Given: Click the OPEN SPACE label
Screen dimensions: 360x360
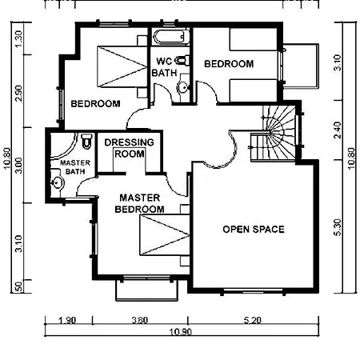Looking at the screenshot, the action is tap(254, 230).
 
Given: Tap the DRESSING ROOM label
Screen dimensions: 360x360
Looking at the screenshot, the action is tap(130, 148).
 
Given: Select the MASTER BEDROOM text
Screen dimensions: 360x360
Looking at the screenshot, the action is tap(139, 203).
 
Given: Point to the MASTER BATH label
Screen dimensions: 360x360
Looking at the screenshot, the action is tap(75, 167).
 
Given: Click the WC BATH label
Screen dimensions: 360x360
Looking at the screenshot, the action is tap(164, 67).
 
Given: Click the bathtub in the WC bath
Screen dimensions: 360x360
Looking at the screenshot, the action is tap(170, 37).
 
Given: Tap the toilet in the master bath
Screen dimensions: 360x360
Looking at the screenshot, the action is tap(86, 141).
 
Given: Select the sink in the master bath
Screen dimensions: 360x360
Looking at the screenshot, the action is tap(58, 182).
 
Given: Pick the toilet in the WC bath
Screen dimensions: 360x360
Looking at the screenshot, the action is tap(182, 61).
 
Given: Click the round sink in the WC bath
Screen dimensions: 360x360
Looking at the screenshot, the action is tap(183, 86).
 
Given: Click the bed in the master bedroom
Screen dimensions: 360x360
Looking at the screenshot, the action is tap(165, 234).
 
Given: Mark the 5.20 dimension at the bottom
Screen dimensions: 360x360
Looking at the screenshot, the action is tap(252, 319).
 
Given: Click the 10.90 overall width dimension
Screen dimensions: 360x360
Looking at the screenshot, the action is tap(181, 332).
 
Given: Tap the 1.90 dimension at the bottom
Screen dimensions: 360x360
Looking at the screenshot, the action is tap(67, 320).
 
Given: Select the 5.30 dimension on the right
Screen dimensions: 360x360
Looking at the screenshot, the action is tap(338, 227).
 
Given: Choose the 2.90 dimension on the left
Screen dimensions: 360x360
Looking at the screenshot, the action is tap(18, 93).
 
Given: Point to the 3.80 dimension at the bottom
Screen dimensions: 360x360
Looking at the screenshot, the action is tap(140, 320).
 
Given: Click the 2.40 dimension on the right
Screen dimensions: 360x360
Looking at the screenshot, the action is tap(338, 130).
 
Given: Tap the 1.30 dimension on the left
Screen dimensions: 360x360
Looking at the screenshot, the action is tap(18, 39).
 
